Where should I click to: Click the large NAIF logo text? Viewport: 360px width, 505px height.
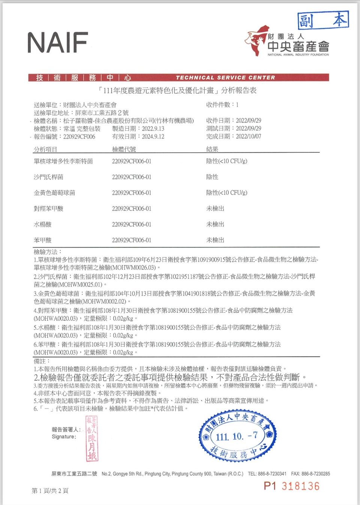pyautogui.click(x=57, y=42)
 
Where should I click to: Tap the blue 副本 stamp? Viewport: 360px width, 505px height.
pyautogui.click(x=323, y=20)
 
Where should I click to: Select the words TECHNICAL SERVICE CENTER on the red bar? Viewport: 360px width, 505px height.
pyautogui.click(x=225, y=78)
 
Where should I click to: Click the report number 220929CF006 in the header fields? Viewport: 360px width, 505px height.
pyautogui.click(x=79, y=137)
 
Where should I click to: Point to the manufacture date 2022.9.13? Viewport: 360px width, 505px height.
pyautogui.click(x=153, y=129)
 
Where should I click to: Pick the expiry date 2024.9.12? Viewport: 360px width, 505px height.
pyautogui.click(x=153, y=137)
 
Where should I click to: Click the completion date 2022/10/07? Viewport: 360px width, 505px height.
pyautogui.click(x=248, y=136)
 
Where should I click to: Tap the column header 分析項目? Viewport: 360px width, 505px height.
pyautogui.click(x=45, y=149)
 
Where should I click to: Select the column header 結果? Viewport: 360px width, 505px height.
pyautogui.click(x=212, y=149)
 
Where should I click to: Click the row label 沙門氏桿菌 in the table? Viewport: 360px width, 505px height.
pyautogui.click(x=48, y=177)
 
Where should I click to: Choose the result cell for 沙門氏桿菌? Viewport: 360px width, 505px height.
pyautogui.click(x=212, y=177)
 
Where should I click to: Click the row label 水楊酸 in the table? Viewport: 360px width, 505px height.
pyautogui.click(x=42, y=224)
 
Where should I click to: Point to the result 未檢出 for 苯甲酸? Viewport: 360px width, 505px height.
pyautogui.click(x=215, y=240)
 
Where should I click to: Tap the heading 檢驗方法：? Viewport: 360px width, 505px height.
pyautogui.click(x=48, y=252)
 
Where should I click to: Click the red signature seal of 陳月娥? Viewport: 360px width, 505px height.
pyautogui.click(x=91, y=438)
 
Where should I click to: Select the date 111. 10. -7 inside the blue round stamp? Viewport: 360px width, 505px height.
pyautogui.click(x=237, y=436)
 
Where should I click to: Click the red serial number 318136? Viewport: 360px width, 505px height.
pyautogui.click(x=300, y=486)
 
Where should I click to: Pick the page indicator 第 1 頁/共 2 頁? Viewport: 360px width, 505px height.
pyautogui.click(x=50, y=491)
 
